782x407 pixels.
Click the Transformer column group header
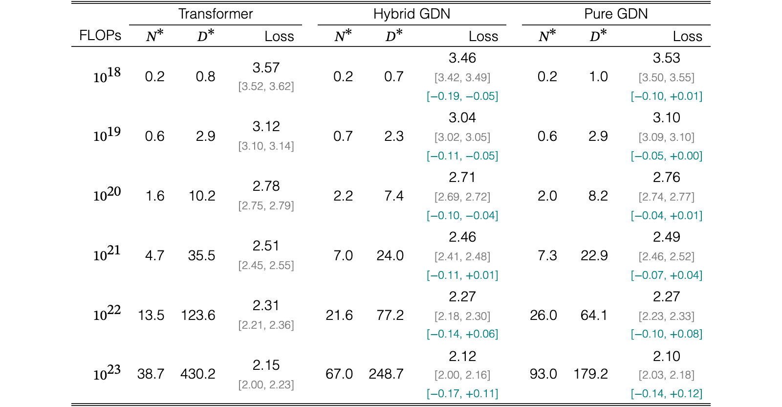(216, 14)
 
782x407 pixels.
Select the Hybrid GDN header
(412, 14)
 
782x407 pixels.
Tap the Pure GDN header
(616, 14)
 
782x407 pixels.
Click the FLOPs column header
(100, 36)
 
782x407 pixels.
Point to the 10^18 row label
(107, 75)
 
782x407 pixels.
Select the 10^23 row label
(107, 373)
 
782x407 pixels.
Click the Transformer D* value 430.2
(198, 374)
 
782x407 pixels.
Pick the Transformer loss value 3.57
(266, 68)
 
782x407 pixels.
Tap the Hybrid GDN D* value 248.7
(386, 374)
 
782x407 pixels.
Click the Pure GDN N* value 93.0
(543, 374)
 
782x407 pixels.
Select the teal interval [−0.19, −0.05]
(462, 96)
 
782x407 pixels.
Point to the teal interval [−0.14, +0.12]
(667, 394)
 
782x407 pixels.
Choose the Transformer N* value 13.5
(151, 316)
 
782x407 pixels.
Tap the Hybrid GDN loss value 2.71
(462, 178)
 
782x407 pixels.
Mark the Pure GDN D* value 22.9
(594, 256)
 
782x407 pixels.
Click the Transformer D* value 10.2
(202, 196)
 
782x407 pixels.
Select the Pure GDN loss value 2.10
(667, 356)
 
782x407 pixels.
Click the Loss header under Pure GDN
(687, 36)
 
